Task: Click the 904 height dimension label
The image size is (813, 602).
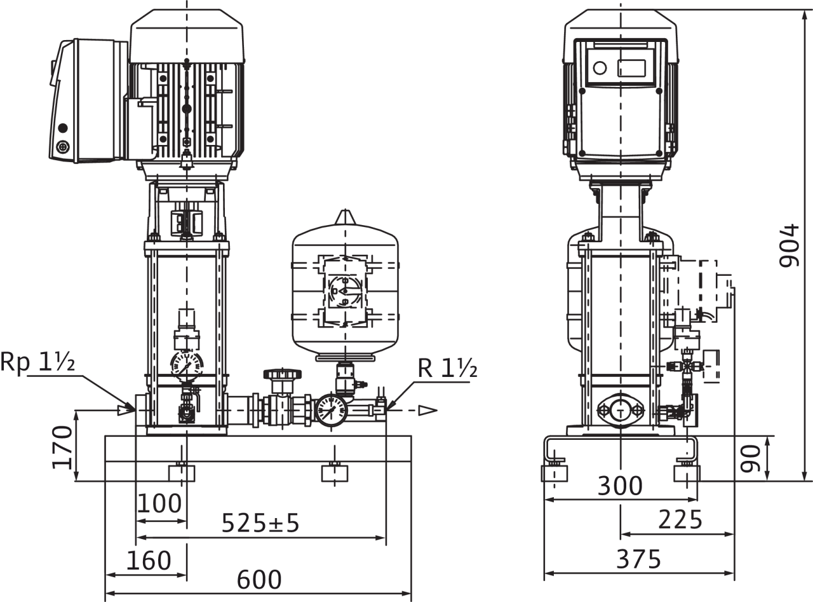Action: pos(788,245)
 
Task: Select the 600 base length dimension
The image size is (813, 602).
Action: pos(259,580)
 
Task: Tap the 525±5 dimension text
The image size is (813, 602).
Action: pos(260,523)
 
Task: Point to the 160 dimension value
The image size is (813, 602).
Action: pos(149,560)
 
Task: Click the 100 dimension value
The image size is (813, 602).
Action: pos(159,503)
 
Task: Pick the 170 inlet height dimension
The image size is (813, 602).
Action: pos(62,447)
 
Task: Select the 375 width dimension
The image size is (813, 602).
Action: pos(638,559)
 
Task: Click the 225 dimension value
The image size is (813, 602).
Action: pos(680,519)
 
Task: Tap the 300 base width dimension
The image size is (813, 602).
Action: pos(620,486)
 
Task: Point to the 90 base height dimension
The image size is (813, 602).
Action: pos(751,458)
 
